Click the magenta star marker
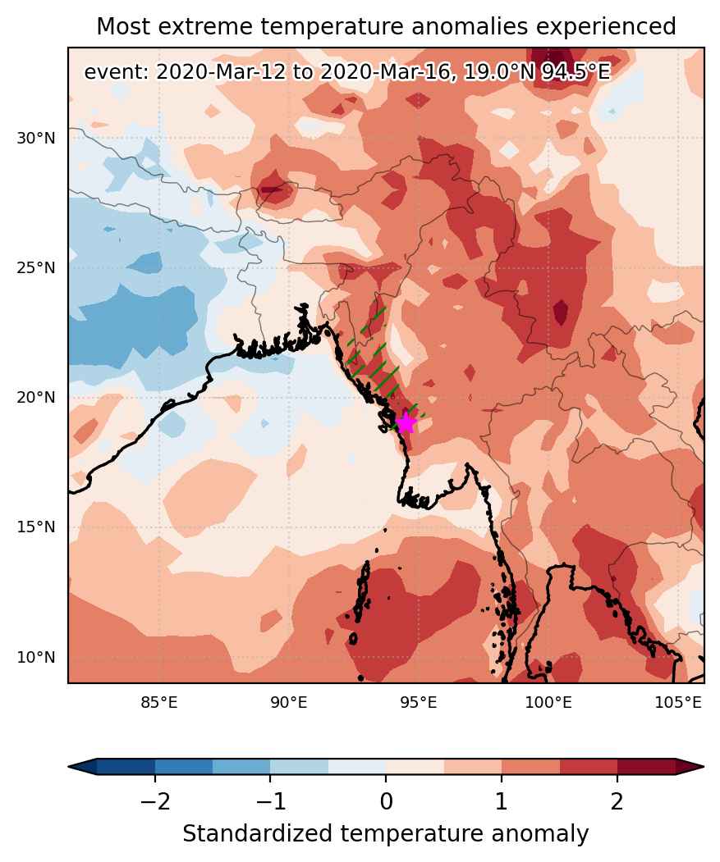click(x=406, y=422)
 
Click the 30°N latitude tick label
click(x=36, y=138)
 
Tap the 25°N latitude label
click(x=36, y=267)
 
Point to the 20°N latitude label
click(x=36, y=397)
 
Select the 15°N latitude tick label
click(x=36, y=527)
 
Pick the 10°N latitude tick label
click(x=36, y=656)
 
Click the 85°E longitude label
click(x=159, y=703)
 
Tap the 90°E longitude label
click(x=289, y=703)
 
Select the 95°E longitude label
click(x=419, y=703)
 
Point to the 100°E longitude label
click(x=548, y=703)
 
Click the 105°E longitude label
click(x=678, y=703)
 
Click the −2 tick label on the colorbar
click(x=154, y=802)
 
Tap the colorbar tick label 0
click(x=386, y=802)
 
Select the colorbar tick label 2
click(x=617, y=802)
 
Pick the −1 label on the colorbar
click(x=270, y=802)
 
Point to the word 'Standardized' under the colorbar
click(x=258, y=834)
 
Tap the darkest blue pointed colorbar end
click(x=83, y=766)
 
